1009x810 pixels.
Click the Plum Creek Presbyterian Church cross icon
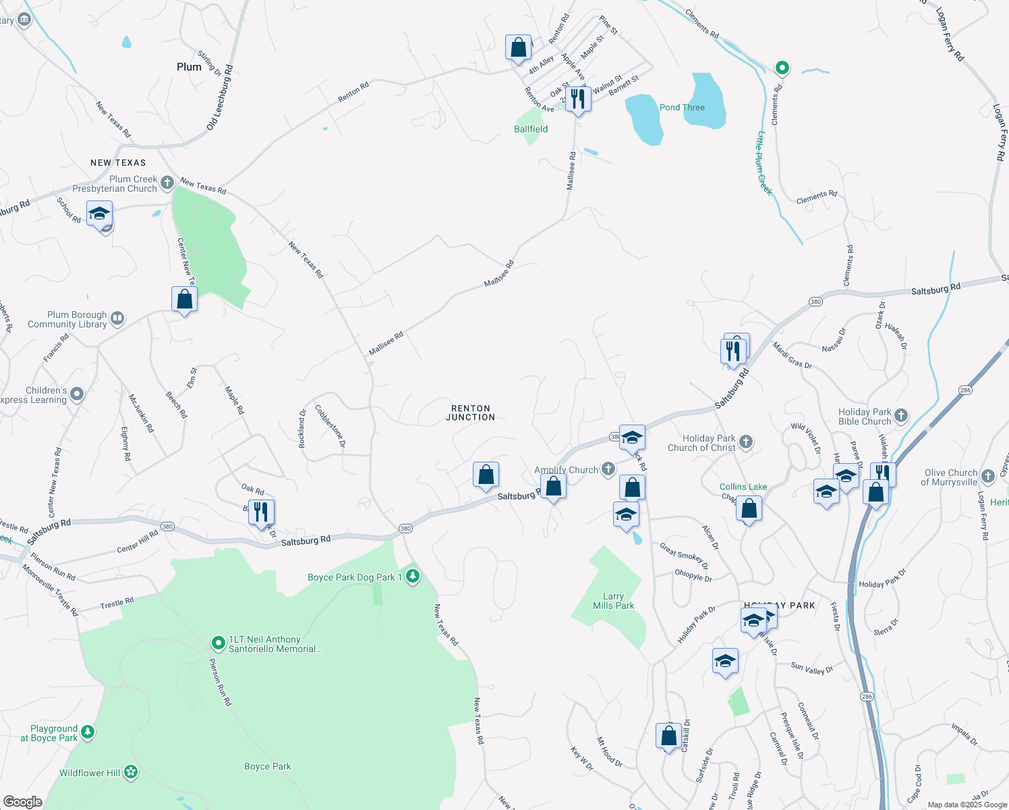coord(167,183)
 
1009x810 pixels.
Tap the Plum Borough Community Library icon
coord(117,319)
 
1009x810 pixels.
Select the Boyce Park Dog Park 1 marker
coord(413,576)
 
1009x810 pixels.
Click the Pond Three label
coord(682,107)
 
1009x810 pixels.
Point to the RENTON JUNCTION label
coord(471,413)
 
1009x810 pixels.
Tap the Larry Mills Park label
coord(613,601)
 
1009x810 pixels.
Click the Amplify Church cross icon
coord(608,469)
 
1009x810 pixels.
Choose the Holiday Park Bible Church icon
coord(901,416)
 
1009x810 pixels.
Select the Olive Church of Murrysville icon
coord(988,477)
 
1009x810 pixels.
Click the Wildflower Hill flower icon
coord(131,772)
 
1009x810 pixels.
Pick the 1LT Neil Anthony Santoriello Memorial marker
coord(218,643)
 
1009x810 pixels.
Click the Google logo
coord(22,802)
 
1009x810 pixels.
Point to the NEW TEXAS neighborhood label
coord(118,163)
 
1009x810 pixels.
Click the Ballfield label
coord(531,129)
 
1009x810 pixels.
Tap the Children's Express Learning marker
coord(77,394)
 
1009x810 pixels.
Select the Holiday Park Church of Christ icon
coord(745,442)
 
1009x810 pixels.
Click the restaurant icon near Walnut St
coord(578,99)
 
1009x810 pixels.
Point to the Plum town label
coord(189,67)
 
